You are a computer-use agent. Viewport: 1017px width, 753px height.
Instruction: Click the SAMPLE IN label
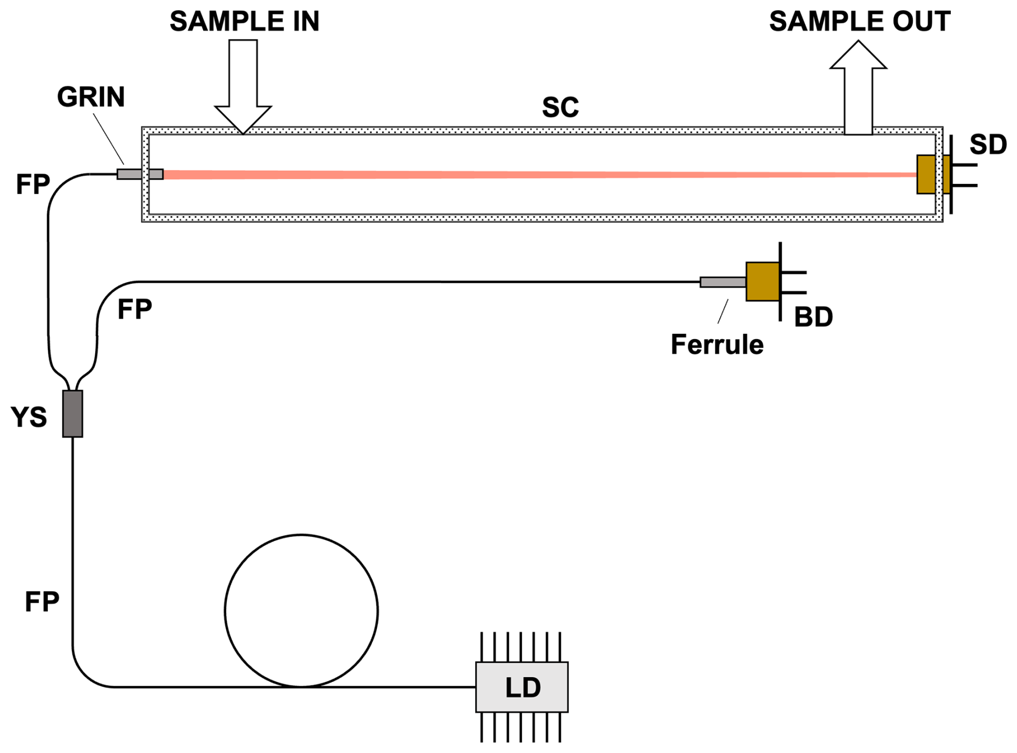[244, 21]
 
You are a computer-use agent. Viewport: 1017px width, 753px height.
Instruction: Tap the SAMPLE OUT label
[860, 21]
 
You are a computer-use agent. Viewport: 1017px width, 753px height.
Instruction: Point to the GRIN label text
[91, 97]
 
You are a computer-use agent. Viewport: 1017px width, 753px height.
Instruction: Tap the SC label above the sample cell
[560, 107]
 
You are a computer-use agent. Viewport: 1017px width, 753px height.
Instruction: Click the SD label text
[988, 145]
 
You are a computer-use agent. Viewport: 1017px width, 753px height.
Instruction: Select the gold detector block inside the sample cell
[926, 174]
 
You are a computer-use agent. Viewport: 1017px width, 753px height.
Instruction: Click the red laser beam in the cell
[538, 175]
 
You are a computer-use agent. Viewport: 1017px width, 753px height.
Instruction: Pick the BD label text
[813, 317]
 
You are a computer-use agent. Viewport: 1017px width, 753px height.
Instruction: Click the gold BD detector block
[762, 282]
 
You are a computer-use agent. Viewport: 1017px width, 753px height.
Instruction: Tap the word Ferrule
[717, 345]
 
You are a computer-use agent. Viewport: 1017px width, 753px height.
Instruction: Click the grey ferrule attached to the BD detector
[722, 282]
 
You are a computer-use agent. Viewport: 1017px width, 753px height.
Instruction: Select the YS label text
[29, 417]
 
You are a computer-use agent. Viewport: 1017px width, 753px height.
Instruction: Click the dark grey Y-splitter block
[73, 414]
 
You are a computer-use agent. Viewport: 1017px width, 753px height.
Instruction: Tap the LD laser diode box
[521, 687]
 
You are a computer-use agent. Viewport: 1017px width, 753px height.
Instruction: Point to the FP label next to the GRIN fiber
[33, 184]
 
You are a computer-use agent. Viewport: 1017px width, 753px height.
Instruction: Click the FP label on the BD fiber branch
[134, 310]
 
